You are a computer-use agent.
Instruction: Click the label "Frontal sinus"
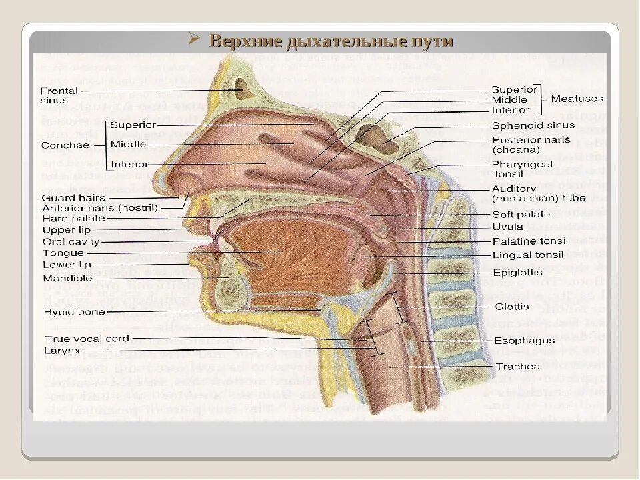[59, 95]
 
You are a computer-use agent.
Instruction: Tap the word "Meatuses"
[577, 99]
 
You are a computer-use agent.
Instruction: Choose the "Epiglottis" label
[517, 273]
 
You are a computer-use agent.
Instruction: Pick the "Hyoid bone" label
[71, 311]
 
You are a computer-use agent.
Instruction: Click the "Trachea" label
[517, 367]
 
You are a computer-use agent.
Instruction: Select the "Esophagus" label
[524, 341]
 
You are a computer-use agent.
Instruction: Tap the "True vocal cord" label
[87, 339]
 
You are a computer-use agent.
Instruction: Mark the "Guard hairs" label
[73, 198]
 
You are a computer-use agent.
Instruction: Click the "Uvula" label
[507, 227]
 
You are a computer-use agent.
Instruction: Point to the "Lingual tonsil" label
[528, 255]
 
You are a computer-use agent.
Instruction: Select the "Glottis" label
[512, 307]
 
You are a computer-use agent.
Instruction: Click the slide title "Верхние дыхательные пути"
[331, 41]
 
